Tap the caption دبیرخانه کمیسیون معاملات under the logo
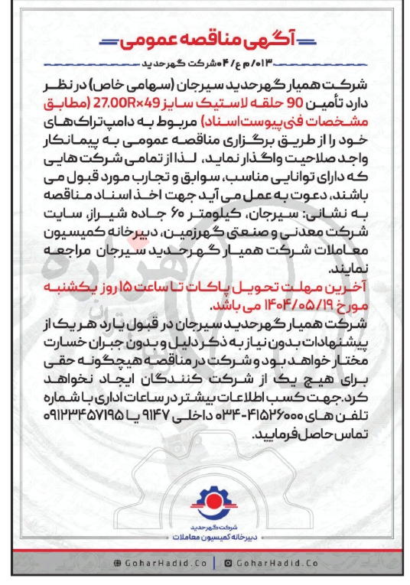(x=205, y=539)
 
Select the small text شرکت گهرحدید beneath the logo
(x=205, y=529)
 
